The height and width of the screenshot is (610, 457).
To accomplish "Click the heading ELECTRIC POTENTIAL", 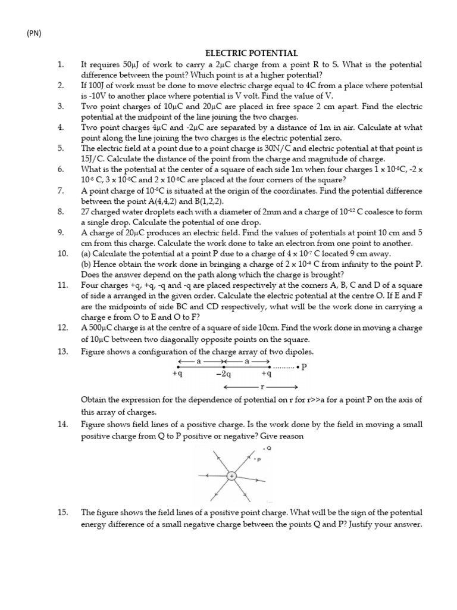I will [252, 54].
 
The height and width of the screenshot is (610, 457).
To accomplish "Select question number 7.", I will [61, 191].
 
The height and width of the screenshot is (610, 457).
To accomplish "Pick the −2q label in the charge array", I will [224, 374].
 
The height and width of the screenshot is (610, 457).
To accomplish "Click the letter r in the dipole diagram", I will [262, 387].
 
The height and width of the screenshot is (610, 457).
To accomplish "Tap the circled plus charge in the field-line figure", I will [231, 475].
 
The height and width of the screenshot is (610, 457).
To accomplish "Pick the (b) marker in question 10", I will [87, 264].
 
